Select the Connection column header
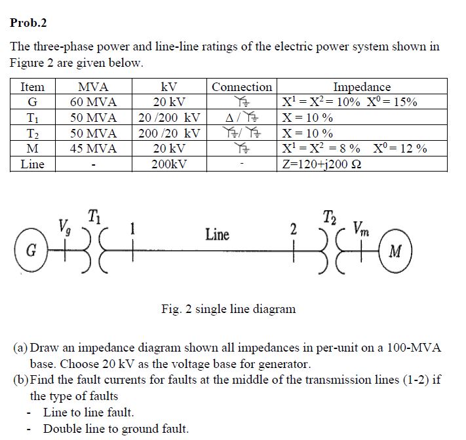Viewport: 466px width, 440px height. coord(242,87)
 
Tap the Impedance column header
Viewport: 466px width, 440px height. coord(362,87)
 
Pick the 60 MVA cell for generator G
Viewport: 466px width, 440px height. coord(93,102)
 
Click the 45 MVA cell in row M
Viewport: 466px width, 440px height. coord(93,149)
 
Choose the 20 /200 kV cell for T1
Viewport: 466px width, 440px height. coord(169,118)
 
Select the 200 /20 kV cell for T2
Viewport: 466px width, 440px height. coord(169,133)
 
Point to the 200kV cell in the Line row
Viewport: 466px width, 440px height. coord(169,164)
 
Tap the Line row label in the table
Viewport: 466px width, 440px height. coord(32,164)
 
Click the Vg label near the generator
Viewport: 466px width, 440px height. coord(64,228)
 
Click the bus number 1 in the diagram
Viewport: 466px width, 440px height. coord(133,229)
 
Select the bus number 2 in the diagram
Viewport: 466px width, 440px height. coord(294,230)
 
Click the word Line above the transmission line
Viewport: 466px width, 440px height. coord(217,234)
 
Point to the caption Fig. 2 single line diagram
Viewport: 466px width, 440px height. coord(228,308)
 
